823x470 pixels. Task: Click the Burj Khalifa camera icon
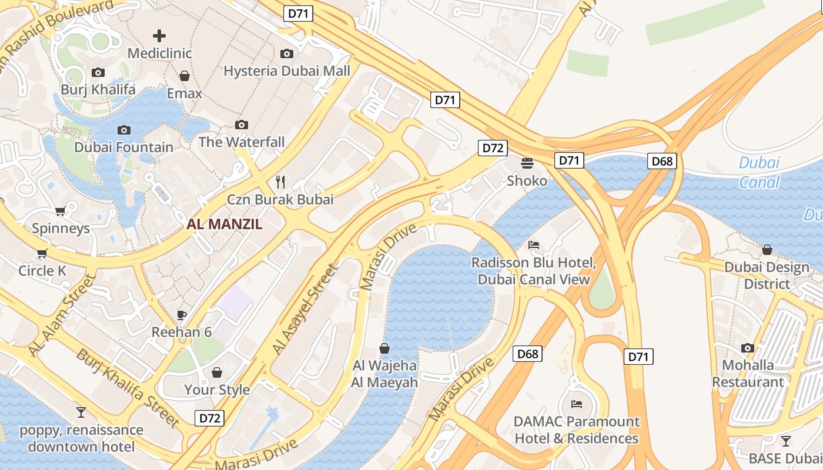pos(98,73)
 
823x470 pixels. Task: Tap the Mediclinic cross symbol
pos(159,36)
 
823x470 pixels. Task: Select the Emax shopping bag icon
pos(185,76)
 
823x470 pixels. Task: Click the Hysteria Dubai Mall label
pos(287,71)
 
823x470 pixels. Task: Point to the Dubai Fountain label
pos(123,147)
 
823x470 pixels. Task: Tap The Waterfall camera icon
pos(241,125)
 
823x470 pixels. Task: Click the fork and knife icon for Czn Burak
pos(280,182)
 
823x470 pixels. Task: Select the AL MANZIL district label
pos(225,224)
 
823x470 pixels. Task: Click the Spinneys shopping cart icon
pos(60,211)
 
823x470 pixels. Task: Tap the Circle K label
pos(42,271)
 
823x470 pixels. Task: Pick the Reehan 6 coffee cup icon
pos(182,315)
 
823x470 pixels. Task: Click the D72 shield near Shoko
pos(492,148)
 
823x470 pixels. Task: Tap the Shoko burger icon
pos(527,163)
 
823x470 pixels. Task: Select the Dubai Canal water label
pos(759,172)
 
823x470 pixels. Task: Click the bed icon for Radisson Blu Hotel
pos(534,244)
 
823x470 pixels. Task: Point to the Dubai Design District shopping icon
pos(767,250)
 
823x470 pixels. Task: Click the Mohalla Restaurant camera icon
pos(748,348)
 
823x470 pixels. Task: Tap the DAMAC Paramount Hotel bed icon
pos(576,404)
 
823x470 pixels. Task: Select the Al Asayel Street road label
pos(306,310)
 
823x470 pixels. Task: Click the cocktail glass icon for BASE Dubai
pos(786,441)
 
